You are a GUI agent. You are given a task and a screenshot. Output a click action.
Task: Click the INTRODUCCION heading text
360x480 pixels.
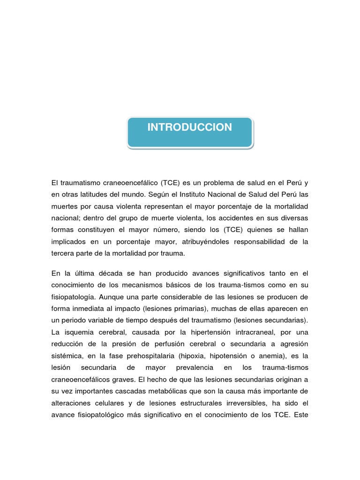189,127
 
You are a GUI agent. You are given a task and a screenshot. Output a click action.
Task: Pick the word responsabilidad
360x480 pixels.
264,242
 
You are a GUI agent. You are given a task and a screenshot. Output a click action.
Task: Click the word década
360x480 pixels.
113,273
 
